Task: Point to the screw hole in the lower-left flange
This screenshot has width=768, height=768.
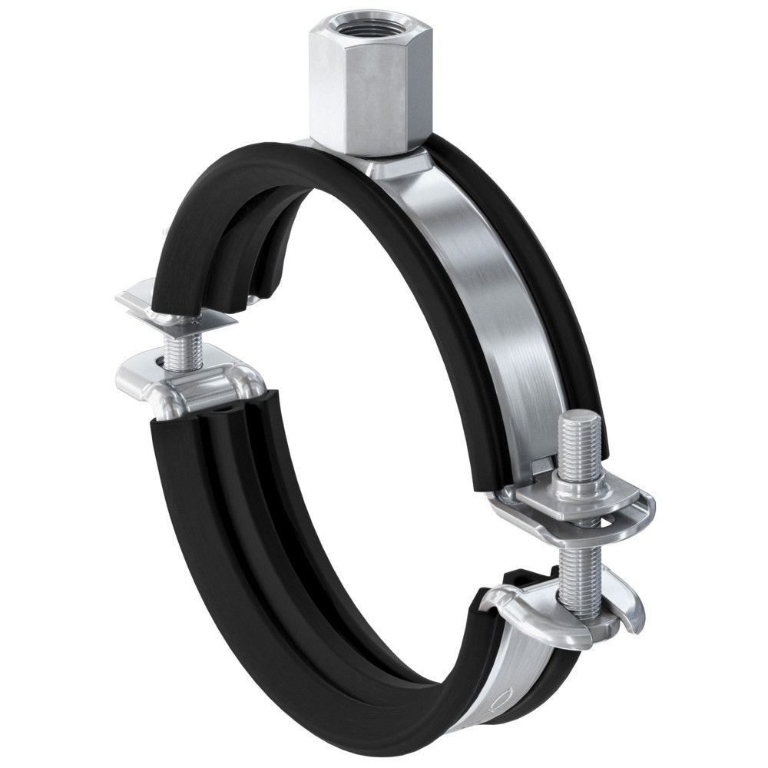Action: tap(157, 362)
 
